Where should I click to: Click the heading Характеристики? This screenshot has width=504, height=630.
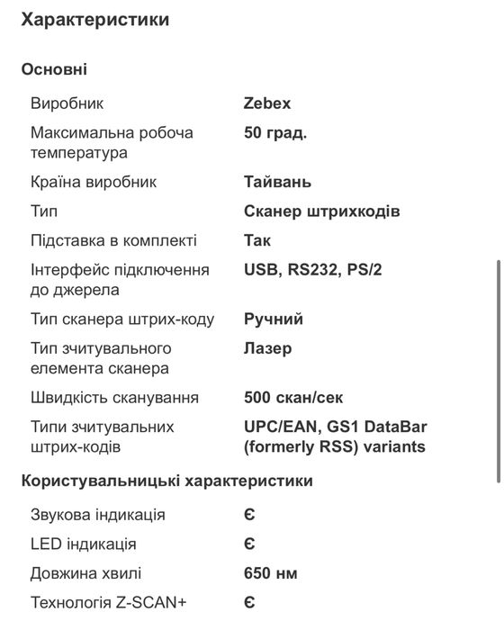click(94, 18)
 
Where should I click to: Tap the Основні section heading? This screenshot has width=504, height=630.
click(54, 69)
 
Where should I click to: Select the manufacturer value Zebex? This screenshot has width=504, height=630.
click(267, 103)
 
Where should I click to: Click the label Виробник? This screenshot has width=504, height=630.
click(67, 103)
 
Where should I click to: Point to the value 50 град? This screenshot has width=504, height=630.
click(275, 132)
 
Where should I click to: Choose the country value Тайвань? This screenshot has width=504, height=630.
click(277, 182)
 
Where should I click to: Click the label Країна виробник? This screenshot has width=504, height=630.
click(94, 182)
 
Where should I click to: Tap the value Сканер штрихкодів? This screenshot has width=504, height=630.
click(321, 211)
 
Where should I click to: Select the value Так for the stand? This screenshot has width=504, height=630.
click(257, 240)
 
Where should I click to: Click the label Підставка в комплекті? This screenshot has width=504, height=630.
click(113, 240)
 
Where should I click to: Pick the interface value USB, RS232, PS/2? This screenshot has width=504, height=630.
click(313, 269)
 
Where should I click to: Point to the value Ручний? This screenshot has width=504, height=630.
click(274, 319)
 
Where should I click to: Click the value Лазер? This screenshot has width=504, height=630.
click(268, 348)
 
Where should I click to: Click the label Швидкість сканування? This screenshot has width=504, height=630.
click(115, 398)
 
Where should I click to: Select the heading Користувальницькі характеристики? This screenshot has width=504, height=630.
click(167, 481)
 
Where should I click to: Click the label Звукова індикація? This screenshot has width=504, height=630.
click(98, 515)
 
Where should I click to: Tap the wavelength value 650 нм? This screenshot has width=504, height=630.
click(271, 573)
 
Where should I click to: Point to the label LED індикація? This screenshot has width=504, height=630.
click(84, 544)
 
